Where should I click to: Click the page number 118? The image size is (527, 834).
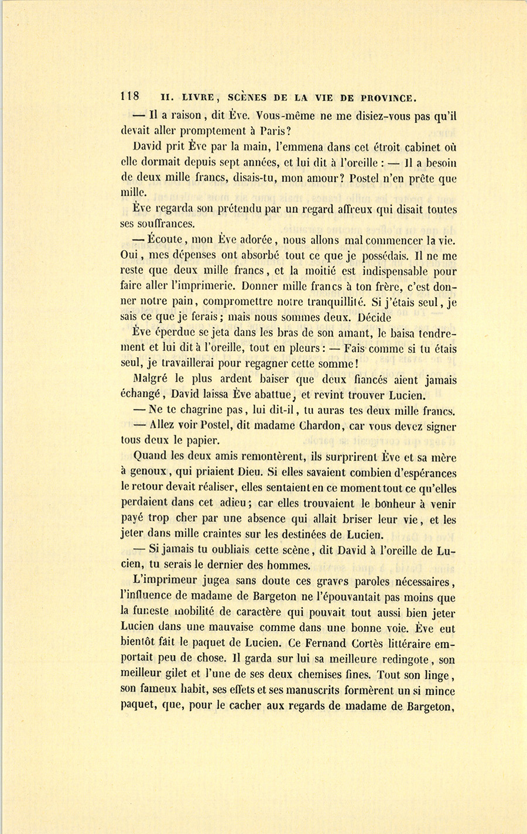tap(129, 97)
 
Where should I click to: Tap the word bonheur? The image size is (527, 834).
tap(398, 503)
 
